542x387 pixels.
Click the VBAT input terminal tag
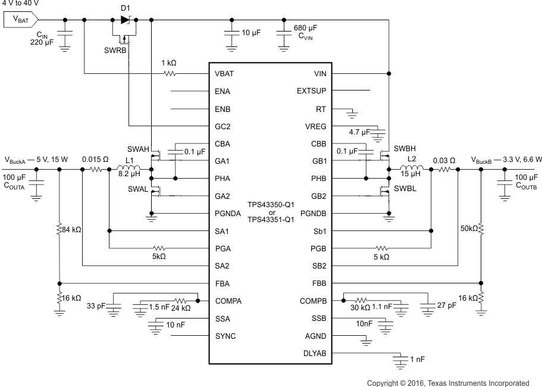(21, 20)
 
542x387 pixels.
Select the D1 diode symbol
(124, 20)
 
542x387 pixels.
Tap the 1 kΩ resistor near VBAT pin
(170, 74)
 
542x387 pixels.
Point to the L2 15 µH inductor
(414, 169)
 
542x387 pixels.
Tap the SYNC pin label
(225, 336)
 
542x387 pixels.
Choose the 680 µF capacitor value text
(306, 29)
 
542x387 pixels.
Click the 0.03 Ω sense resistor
(445, 169)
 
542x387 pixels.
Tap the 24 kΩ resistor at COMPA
(182, 301)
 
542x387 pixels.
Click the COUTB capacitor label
(526, 186)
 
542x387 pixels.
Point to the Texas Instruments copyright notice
(447, 382)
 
